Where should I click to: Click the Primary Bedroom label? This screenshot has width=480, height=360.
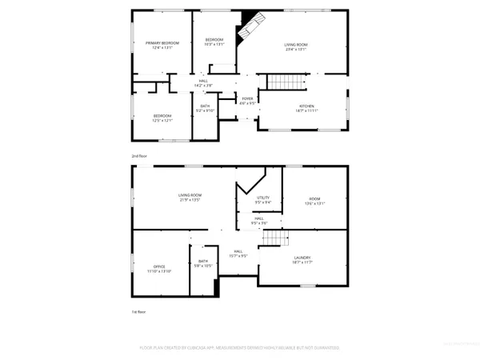coord(162,42)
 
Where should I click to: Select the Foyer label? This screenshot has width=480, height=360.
coord(248,99)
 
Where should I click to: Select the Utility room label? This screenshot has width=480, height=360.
coord(263,198)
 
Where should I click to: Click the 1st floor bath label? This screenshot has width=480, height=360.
coord(203,262)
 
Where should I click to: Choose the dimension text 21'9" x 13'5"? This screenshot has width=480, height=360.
coord(190,201)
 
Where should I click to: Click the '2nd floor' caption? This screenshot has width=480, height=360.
coord(140,155)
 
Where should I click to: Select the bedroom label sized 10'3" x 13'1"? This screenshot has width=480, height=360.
coord(214,40)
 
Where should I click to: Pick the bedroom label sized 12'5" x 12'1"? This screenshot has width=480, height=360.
coord(163,116)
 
